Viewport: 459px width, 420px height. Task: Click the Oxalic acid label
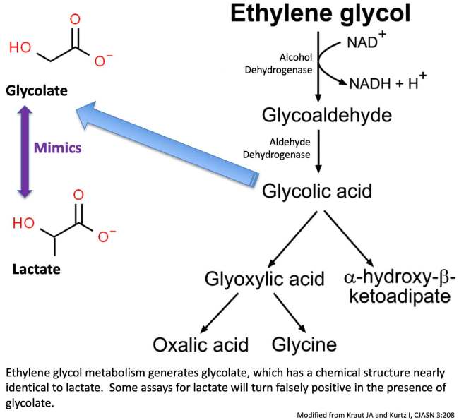click(x=201, y=344)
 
